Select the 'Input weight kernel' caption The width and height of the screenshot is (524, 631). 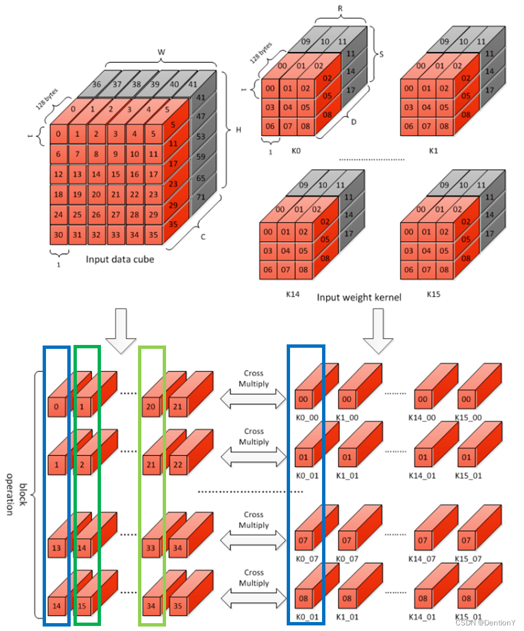[359, 297]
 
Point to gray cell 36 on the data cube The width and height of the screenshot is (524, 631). [96, 84]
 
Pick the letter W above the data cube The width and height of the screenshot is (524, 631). [162, 52]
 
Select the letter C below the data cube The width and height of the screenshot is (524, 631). [203, 237]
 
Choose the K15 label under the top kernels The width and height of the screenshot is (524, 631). [433, 293]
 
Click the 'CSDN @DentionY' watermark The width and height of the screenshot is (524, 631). [486, 623]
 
